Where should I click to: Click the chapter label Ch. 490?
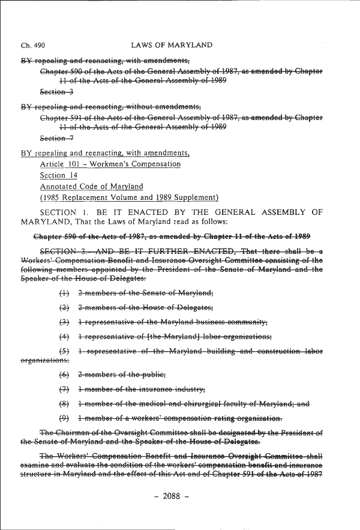click(x=33, y=46)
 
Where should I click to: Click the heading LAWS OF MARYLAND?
click(x=170, y=46)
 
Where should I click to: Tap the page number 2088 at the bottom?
click(x=179, y=496)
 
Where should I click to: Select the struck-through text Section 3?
click(x=56, y=92)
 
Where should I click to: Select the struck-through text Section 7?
click(x=56, y=137)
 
